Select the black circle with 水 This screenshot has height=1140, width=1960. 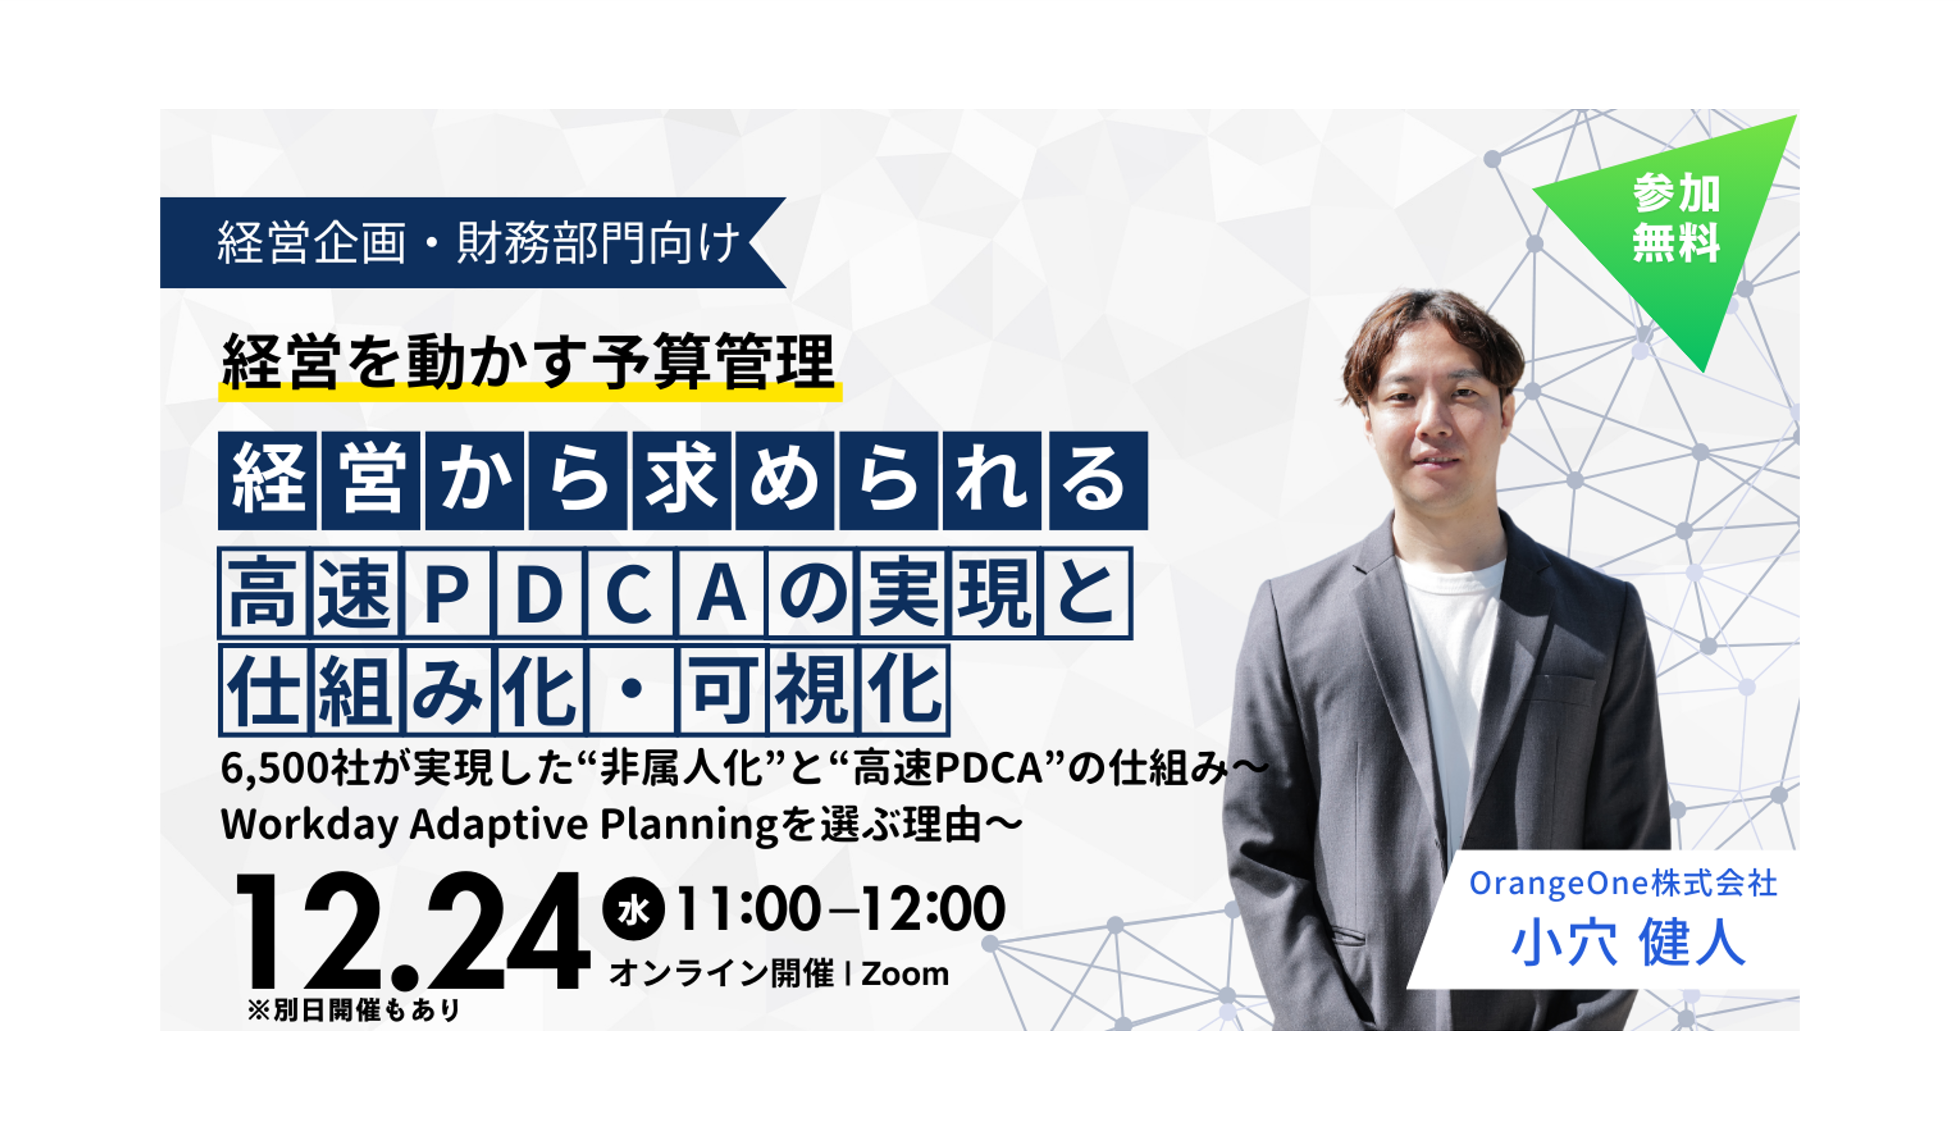tap(634, 908)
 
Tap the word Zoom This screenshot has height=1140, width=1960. tap(905, 974)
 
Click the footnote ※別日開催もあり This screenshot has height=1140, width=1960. tap(355, 1010)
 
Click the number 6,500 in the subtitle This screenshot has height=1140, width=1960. tap(274, 769)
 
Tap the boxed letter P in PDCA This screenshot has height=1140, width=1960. tap(446, 593)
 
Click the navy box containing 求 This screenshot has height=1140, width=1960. tap(681, 481)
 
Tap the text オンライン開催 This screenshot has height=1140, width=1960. tap(721, 974)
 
